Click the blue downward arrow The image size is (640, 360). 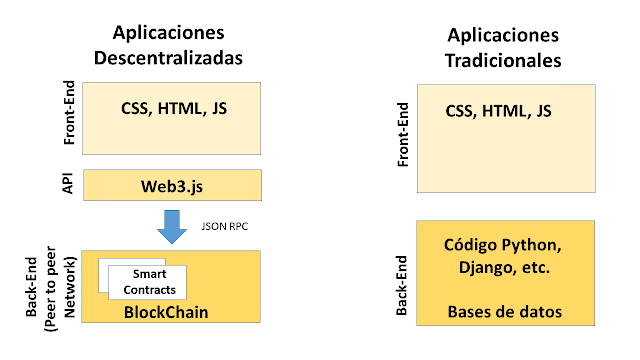pyautogui.click(x=172, y=226)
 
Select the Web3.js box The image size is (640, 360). pyautogui.click(x=172, y=185)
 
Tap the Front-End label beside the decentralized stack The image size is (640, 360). pyautogui.click(x=69, y=116)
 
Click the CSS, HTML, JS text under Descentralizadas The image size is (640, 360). pyautogui.click(x=172, y=109)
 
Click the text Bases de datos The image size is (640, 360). pyautogui.click(x=504, y=312)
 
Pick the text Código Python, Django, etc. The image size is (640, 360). pyautogui.click(x=504, y=257)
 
